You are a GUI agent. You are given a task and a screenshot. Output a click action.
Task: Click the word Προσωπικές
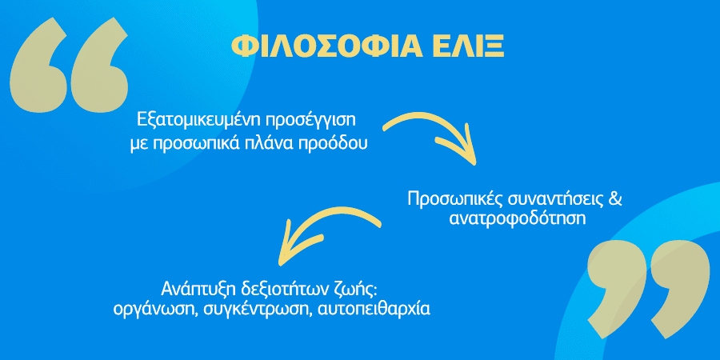[454, 199]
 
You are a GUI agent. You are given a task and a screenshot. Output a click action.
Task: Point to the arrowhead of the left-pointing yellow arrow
[294, 244]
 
